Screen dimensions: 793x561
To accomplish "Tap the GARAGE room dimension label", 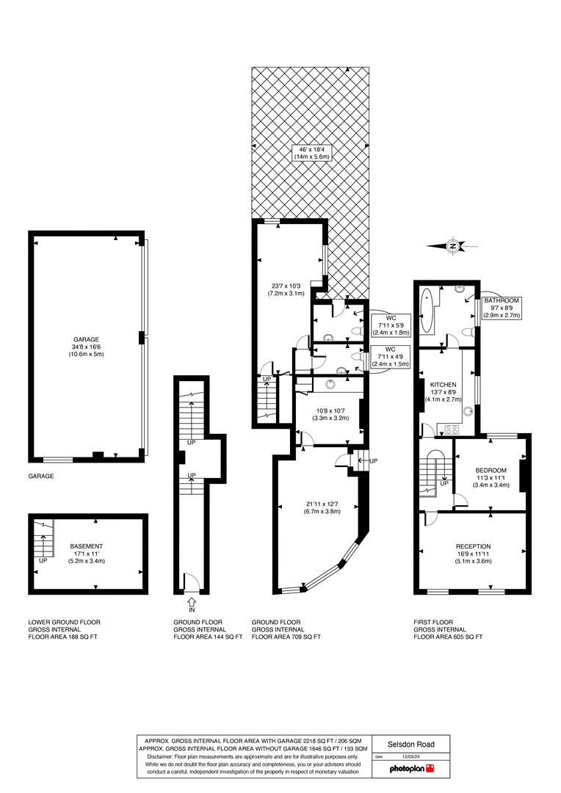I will pos(85,347).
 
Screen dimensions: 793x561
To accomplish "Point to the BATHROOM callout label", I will pos(502,308).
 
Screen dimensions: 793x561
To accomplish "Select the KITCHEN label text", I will pos(444,385).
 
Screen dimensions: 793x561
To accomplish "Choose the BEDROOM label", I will pos(491,471).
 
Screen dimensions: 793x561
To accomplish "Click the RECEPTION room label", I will pos(473,546).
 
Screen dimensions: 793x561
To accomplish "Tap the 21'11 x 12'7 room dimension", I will pos(317,507).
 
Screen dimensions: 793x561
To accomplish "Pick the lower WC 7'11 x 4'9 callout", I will pos(393,359).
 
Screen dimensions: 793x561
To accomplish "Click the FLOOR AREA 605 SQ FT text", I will pos(448,637).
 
